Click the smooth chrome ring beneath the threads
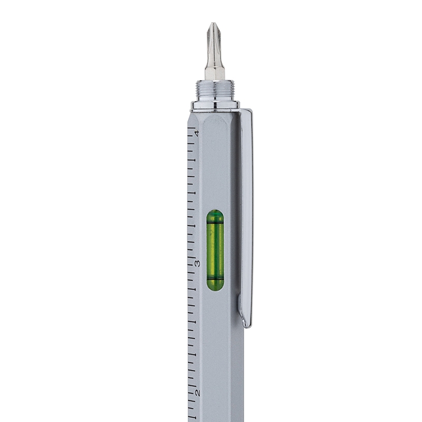coord(215,105)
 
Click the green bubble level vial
coord(215,250)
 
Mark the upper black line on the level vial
coord(215,224)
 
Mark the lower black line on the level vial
coord(215,277)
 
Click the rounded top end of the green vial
coord(215,213)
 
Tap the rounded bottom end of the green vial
coord(215,287)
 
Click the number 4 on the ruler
coord(197,133)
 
